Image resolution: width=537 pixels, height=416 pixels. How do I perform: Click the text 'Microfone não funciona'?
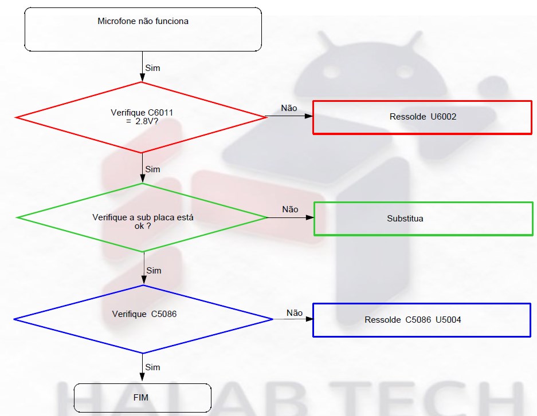point(143,21)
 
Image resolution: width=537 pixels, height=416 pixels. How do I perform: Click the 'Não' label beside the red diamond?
point(289,108)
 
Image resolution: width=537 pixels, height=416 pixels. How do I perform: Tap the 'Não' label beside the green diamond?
point(290,209)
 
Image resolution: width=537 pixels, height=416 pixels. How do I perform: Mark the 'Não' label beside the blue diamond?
point(295,313)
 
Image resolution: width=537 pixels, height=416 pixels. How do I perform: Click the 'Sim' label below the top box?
point(152,68)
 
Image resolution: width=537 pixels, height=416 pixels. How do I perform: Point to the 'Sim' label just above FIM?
point(152,367)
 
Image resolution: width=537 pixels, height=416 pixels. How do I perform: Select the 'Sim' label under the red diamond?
point(152,169)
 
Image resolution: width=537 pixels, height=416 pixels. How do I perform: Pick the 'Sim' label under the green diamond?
point(154,271)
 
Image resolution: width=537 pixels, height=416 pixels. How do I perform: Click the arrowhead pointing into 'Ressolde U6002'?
point(308,116)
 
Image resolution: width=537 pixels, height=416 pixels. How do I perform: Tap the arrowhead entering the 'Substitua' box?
point(309,217)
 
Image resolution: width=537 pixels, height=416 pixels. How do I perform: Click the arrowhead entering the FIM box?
point(142,377)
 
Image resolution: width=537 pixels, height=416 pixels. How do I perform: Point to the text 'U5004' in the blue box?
point(448,320)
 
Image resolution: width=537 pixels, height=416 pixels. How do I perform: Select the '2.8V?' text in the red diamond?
point(147,121)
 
